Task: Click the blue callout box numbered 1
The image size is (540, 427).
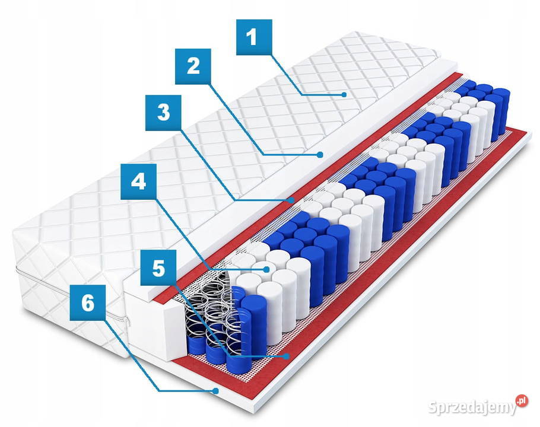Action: tap(254, 37)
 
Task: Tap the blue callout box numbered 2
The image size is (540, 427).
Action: tap(193, 66)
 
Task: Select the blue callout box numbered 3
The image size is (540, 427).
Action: tap(163, 113)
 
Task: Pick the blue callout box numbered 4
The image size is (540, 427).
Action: tap(138, 181)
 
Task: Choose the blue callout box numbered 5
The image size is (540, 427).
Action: tap(158, 267)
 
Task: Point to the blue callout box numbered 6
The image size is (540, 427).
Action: tap(87, 303)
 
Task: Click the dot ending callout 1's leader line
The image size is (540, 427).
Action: tap(344, 95)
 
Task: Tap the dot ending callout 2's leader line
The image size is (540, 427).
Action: tap(320, 155)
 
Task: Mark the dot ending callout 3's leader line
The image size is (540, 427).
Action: tap(292, 200)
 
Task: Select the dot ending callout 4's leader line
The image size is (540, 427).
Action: tap(266, 269)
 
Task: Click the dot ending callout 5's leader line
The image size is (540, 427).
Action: tap(285, 356)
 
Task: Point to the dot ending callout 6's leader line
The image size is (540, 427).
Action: tap(215, 391)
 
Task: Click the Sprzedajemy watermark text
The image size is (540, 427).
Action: tap(472, 407)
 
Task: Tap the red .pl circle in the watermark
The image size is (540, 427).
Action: tap(522, 401)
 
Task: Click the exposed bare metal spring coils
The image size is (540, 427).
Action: tap(210, 310)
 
